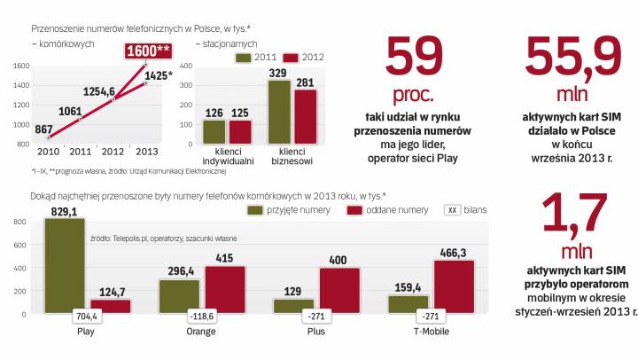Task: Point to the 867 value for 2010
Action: (x=43, y=129)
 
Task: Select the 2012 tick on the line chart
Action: (x=111, y=152)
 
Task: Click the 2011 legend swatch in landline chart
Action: (x=245, y=57)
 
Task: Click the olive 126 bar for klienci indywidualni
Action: (x=214, y=131)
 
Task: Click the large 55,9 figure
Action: (x=569, y=58)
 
